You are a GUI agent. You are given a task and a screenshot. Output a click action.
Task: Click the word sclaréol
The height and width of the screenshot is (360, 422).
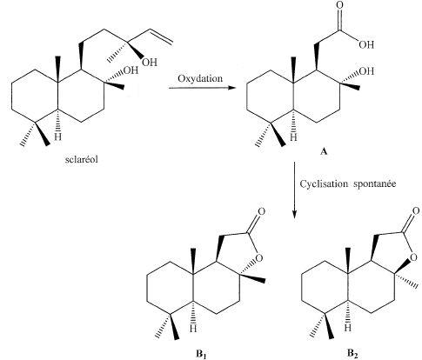coord(82,159)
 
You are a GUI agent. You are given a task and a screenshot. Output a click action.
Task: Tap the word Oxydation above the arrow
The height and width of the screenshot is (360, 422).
coord(200,78)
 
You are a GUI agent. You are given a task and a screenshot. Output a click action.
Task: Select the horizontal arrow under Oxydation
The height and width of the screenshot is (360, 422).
coord(202,88)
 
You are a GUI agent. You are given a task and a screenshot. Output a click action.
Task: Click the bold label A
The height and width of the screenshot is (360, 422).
coord(324,151)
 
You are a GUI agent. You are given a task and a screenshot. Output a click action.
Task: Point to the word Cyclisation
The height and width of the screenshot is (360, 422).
coord(324,183)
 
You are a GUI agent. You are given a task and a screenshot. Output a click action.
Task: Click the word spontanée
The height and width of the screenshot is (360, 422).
coord(375,184)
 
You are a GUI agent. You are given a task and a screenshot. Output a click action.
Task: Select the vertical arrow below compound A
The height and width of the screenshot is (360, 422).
coord(294,190)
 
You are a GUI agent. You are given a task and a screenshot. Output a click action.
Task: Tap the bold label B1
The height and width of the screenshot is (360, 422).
coord(202,354)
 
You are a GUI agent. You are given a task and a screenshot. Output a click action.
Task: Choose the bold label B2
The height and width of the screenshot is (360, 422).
coord(352,354)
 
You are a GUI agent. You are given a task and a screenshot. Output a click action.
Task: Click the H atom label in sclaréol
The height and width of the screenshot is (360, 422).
coord(58,137)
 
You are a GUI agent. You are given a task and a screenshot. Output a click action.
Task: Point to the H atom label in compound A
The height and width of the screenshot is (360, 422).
coord(293,137)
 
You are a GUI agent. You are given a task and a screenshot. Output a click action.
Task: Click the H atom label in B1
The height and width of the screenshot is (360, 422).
coord(193,329)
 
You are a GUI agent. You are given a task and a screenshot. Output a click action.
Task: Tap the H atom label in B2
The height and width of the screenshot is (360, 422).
coord(348,328)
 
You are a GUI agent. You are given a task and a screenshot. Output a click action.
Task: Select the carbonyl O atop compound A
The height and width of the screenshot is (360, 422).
coord(339,5)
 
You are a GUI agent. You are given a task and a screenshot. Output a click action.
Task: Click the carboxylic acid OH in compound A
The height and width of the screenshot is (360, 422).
coord(366,44)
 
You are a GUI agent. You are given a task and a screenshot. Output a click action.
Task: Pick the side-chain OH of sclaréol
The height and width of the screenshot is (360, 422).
coord(150,62)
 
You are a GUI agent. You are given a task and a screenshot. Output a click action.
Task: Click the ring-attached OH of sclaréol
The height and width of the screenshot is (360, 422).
coord(131,70)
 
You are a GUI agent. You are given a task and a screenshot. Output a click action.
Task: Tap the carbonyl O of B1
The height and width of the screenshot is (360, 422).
coord(261,211)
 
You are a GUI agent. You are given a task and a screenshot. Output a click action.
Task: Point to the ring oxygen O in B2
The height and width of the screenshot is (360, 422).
coord(414,257)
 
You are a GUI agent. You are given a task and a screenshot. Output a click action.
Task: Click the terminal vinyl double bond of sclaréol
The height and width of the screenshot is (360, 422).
coord(162,37)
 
